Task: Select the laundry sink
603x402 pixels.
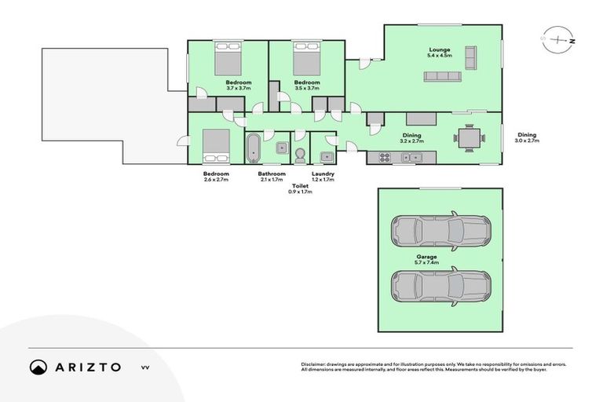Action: [325, 156]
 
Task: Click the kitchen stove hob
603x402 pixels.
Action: [385, 157]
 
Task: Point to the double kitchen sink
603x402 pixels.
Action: [411, 157]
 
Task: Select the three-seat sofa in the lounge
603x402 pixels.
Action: [443, 77]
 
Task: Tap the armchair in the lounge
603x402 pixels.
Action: [471, 57]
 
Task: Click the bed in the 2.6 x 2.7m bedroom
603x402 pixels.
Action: [215, 145]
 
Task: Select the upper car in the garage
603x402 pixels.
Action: [440, 230]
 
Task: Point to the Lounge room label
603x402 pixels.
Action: [439, 49]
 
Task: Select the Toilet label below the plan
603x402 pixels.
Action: [299, 186]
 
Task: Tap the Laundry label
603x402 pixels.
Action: [323, 174]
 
